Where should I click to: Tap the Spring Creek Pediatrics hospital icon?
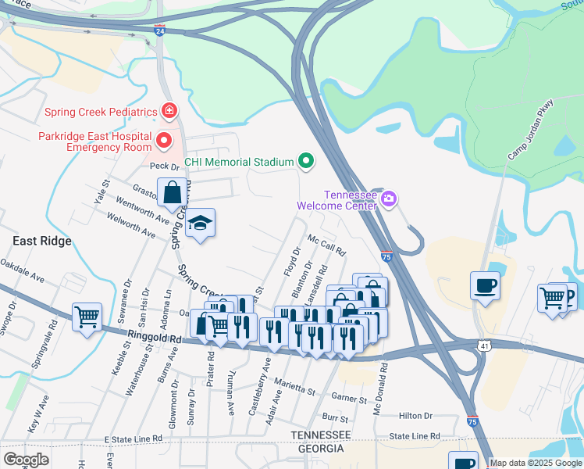pyautogui.click(x=168, y=112)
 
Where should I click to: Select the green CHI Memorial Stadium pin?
pyautogui.click(x=306, y=162)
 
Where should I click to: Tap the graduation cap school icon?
pyautogui.click(x=200, y=224)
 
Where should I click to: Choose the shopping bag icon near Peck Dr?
pyautogui.click(x=172, y=192)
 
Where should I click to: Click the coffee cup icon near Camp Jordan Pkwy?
pyautogui.click(x=485, y=285)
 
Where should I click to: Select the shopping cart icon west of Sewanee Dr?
pyautogui.click(x=87, y=317)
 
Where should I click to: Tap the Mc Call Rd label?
pyautogui.click(x=326, y=245)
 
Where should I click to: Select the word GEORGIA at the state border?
pyautogui.click(x=318, y=449)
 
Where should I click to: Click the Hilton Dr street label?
pyautogui.click(x=415, y=417)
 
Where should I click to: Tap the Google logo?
pyautogui.click(x=26, y=459)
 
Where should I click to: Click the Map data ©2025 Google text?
pyautogui.click(x=536, y=463)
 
